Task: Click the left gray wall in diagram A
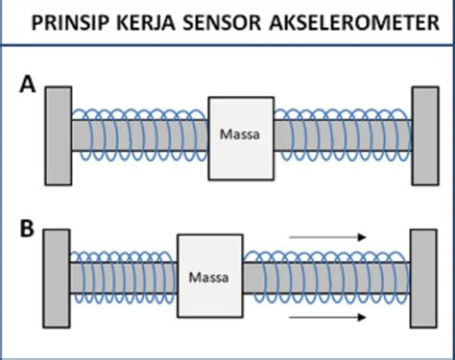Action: [57, 133]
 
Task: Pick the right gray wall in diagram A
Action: [425, 133]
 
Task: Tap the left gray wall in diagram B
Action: [56, 276]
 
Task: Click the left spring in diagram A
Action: [139, 134]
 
